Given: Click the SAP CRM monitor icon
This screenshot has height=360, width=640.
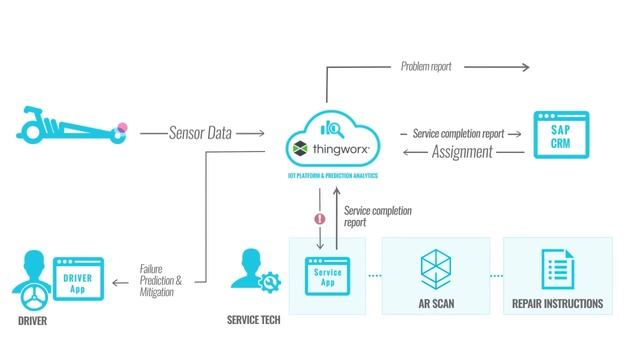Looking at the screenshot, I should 558,136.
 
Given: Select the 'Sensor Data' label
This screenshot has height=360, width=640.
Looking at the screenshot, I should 200,132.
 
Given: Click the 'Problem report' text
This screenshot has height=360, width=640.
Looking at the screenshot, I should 426,67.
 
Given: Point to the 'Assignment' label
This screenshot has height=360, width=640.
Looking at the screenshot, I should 462,152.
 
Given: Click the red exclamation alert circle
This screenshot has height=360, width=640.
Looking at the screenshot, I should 320,217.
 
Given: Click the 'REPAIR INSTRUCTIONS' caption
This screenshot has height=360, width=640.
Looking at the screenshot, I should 557,304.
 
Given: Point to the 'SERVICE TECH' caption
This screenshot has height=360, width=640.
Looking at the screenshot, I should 254,323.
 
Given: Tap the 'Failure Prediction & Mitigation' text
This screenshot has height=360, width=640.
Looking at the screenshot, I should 160,280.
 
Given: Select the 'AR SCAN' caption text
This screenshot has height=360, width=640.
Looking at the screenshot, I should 436,304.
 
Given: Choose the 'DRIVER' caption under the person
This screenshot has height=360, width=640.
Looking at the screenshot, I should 31,323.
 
